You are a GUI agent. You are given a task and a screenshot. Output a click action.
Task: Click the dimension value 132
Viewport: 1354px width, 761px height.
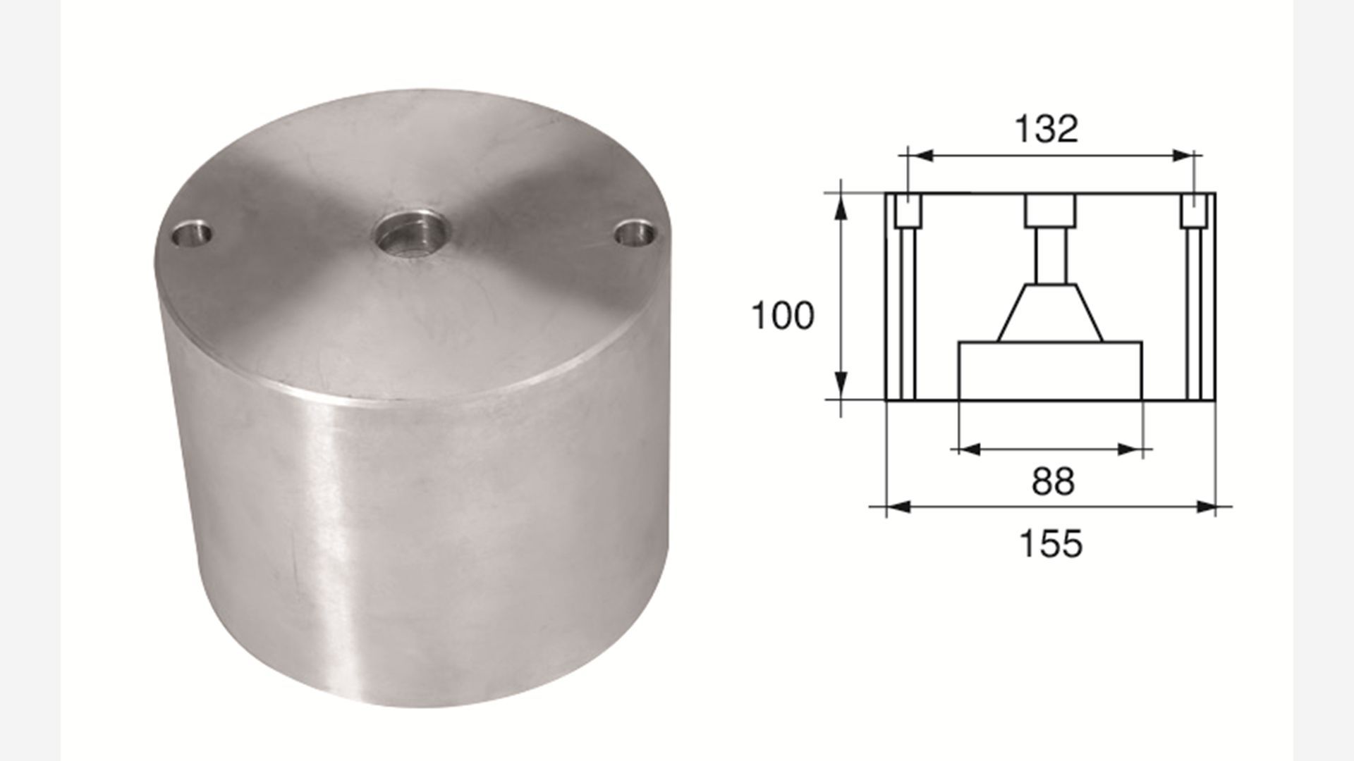pos(1046,130)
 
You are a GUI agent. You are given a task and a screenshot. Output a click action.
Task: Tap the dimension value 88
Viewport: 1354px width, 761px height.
pos(1053,482)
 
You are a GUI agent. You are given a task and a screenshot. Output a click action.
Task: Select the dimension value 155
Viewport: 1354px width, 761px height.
pos(1051,544)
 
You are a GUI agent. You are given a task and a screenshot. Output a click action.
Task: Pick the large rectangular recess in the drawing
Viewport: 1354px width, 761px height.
pos(1050,371)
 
